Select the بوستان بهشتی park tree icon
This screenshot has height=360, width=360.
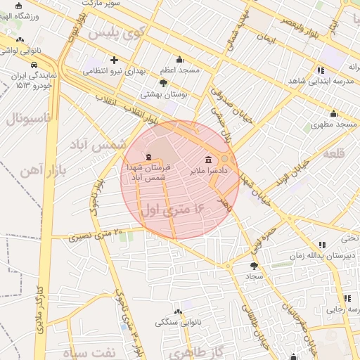(164, 82)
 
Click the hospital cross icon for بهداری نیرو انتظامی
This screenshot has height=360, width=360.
(114, 60)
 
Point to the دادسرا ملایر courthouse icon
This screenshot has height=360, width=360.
(208, 159)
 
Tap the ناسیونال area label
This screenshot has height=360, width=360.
(27, 118)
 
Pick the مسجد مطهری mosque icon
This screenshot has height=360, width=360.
(334, 114)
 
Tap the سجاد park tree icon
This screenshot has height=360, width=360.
(254, 266)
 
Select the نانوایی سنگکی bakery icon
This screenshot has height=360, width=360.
(178, 311)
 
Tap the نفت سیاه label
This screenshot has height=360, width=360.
(87, 352)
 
